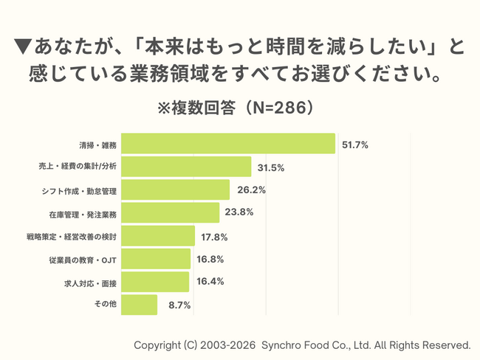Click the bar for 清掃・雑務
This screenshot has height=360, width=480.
pyautogui.click(x=229, y=144)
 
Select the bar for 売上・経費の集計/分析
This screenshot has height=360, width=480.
pyautogui.click(x=187, y=167)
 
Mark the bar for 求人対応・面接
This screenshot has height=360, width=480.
pyautogui.click(x=155, y=282)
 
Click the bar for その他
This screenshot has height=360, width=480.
pyautogui.click(x=139, y=304)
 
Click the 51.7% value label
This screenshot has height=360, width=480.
pyautogui.click(x=355, y=145)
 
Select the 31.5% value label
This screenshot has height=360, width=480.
pyautogui.click(x=271, y=167)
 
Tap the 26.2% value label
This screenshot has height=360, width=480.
pyautogui.click(x=251, y=190)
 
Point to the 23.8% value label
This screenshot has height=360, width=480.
pyautogui.click(x=240, y=213)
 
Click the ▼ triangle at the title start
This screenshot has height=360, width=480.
pyautogui.click(x=24, y=48)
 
